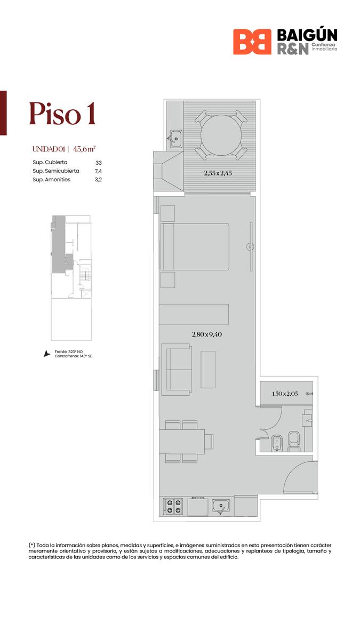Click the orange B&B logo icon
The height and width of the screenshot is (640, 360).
[252, 42]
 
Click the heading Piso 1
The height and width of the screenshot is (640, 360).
[62, 114]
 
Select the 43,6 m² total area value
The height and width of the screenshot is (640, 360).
[84, 149]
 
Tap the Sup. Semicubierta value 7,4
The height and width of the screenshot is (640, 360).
[98, 171]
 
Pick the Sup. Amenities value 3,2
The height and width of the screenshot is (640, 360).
[98, 180]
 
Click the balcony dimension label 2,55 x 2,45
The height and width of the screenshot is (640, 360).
[218, 173]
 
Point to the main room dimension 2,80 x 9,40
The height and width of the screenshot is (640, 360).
[207, 334]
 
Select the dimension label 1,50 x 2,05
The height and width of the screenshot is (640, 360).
[285, 394]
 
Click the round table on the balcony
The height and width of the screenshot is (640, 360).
[221, 135]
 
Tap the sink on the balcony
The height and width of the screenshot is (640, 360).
[176, 139]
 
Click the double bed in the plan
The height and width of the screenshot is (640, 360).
[195, 247]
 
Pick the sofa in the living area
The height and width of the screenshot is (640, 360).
[177, 370]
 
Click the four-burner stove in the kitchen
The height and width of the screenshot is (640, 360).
[173, 506]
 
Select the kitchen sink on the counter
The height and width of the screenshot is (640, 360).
[221, 506]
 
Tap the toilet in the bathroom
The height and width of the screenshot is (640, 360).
[294, 442]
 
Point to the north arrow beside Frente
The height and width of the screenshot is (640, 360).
[46, 354]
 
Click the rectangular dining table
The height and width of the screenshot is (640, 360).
[182, 442]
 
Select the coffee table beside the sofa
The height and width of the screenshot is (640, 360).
[208, 370]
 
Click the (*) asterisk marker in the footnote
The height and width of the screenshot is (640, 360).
[31, 545]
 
